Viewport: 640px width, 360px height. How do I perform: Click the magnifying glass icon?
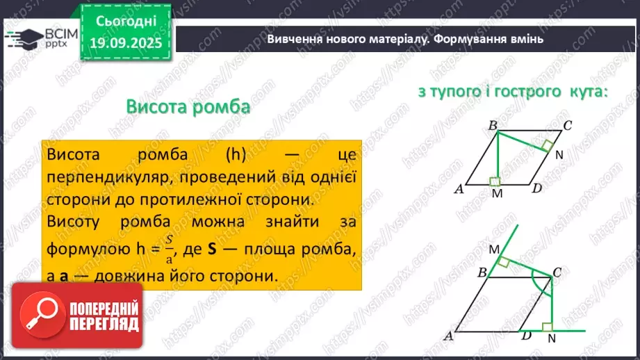coord(42,317)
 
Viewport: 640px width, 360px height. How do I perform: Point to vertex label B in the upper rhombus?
coord(492,126)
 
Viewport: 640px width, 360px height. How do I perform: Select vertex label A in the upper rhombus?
coord(459,189)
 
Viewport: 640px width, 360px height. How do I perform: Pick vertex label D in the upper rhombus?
coord(536,189)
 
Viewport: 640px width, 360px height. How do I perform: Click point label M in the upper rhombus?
coord(496,194)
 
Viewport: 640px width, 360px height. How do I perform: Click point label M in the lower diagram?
coord(494,249)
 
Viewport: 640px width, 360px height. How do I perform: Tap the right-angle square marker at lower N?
coord(548,326)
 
